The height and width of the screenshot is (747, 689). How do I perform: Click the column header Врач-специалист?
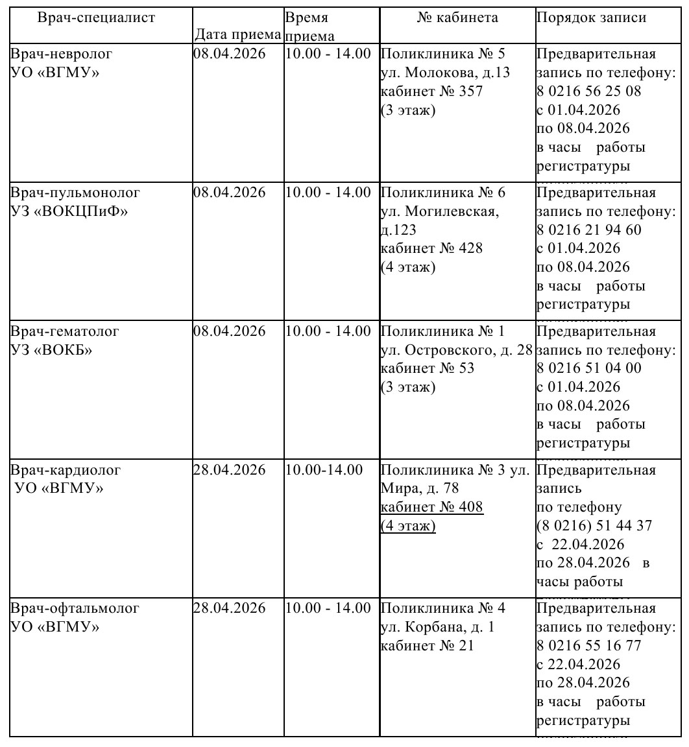[97, 18]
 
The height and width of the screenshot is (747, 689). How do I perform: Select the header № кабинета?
[457, 18]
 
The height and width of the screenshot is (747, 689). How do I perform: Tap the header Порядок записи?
[591, 18]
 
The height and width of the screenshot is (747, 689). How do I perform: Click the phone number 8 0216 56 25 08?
[588, 91]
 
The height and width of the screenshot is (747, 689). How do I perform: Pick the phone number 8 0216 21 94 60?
[588, 230]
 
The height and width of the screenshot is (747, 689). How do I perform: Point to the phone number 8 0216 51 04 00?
[588, 369]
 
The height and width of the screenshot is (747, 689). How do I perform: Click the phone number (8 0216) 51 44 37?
[594, 526]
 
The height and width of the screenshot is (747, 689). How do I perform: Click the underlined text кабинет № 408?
[431, 507]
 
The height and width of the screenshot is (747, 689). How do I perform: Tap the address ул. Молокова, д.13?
[445, 73]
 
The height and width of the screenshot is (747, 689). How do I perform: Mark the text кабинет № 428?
[431, 248]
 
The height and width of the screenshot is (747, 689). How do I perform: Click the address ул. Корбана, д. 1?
[437, 628]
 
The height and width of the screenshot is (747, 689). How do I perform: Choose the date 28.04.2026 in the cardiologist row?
[230, 470]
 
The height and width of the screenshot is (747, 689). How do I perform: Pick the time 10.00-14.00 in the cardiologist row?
[322, 470]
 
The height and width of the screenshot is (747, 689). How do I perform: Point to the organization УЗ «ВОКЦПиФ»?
[69, 211]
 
